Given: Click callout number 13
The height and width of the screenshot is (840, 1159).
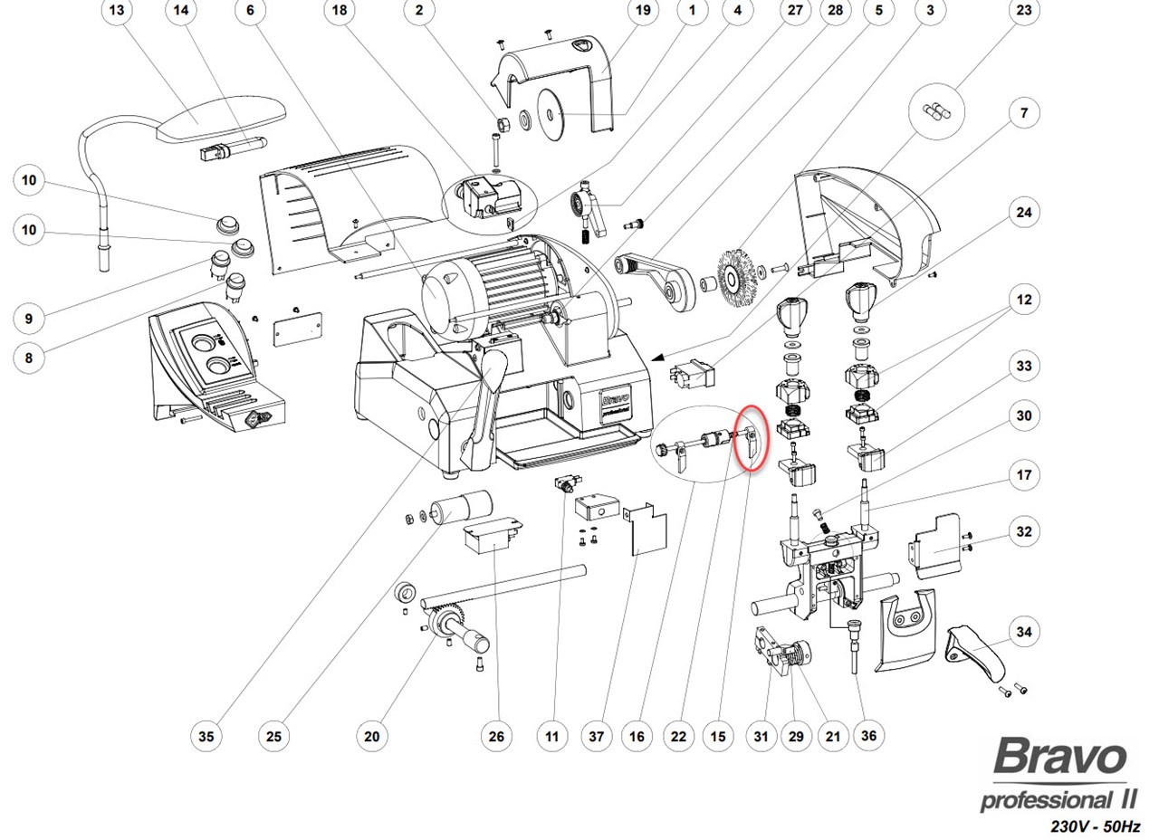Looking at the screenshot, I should tap(117, 11).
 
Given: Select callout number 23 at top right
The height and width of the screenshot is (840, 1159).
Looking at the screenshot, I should tap(1023, 11).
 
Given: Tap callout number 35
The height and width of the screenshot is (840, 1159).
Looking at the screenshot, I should tap(206, 736).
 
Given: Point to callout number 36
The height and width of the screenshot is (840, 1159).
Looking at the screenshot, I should tap(868, 735).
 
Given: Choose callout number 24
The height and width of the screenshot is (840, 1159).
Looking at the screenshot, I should tap(1023, 213).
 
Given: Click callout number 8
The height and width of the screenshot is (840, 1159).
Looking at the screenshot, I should tap(29, 358).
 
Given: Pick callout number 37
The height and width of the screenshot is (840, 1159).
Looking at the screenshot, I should tap(596, 736).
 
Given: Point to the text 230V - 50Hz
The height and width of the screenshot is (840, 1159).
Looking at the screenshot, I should tap(1095, 826).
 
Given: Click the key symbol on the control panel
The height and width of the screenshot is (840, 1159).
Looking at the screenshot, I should tap(254, 418).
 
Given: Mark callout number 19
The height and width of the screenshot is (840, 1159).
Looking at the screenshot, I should tap(643, 11).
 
